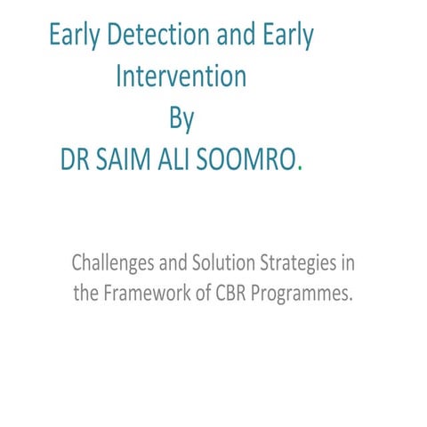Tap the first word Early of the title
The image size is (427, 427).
point(77,36)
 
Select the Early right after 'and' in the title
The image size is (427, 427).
point(284,36)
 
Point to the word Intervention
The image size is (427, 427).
point(181,77)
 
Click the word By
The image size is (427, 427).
point(181,117)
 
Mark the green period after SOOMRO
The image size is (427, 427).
point(300,165)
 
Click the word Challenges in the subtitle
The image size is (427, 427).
point(111,264)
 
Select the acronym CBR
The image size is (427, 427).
point(234,294)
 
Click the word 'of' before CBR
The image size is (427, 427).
point(202,294)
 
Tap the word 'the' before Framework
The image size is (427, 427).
point(88,294)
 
